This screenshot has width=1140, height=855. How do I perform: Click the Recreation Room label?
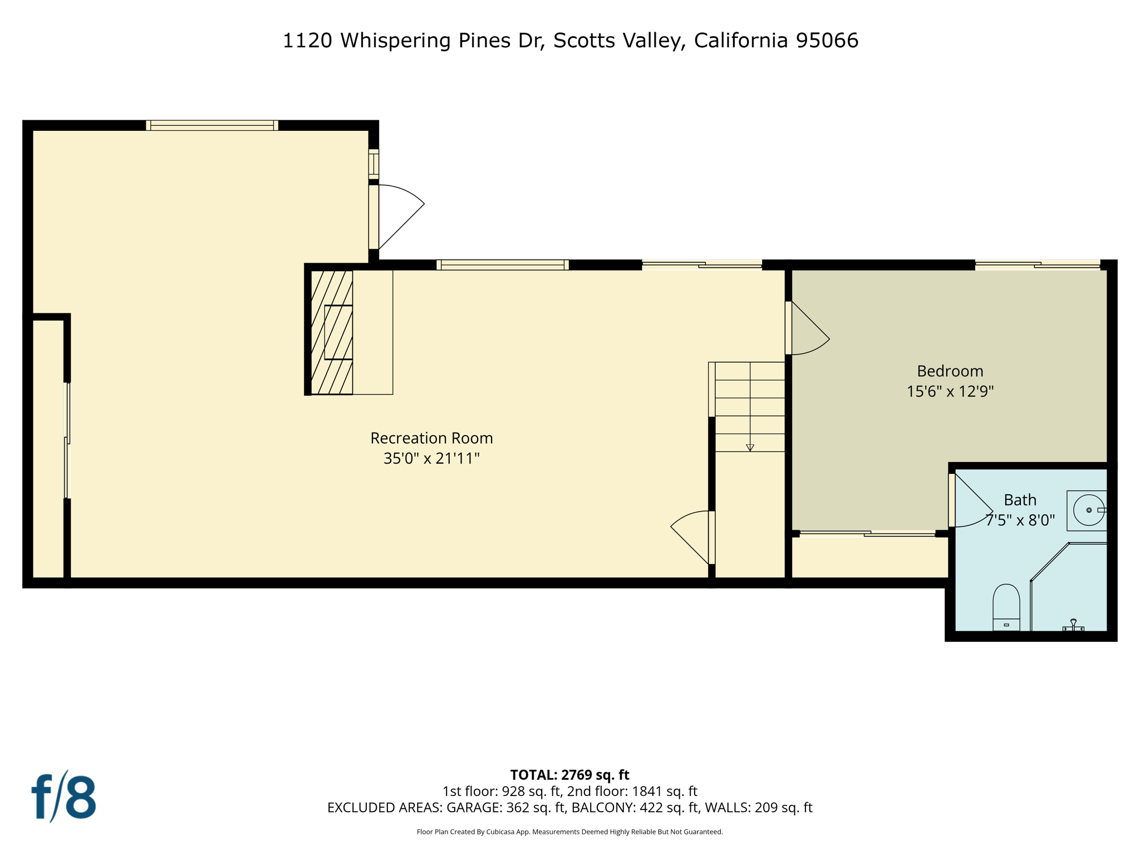[431, 438]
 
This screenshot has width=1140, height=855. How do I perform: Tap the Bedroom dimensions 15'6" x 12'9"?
[950, 391]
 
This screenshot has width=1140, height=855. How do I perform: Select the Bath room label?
[1020, 500]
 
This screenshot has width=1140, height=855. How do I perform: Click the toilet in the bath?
[1006, 607]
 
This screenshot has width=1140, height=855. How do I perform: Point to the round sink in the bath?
[1088, 510]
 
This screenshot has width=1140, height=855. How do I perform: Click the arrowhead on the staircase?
[750, 448]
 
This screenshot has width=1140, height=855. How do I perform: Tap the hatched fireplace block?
[332, 332]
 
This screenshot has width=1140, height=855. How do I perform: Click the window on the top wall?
[212, 126]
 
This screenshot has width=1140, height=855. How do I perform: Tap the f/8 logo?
[63, 797]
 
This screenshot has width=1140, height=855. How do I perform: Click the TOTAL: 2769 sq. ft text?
[569, 775]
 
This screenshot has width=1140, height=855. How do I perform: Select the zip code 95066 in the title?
[827, 41]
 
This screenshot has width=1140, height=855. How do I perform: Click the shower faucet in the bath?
[1073, 625]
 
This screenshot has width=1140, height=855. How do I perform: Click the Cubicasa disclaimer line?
[569, 832]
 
